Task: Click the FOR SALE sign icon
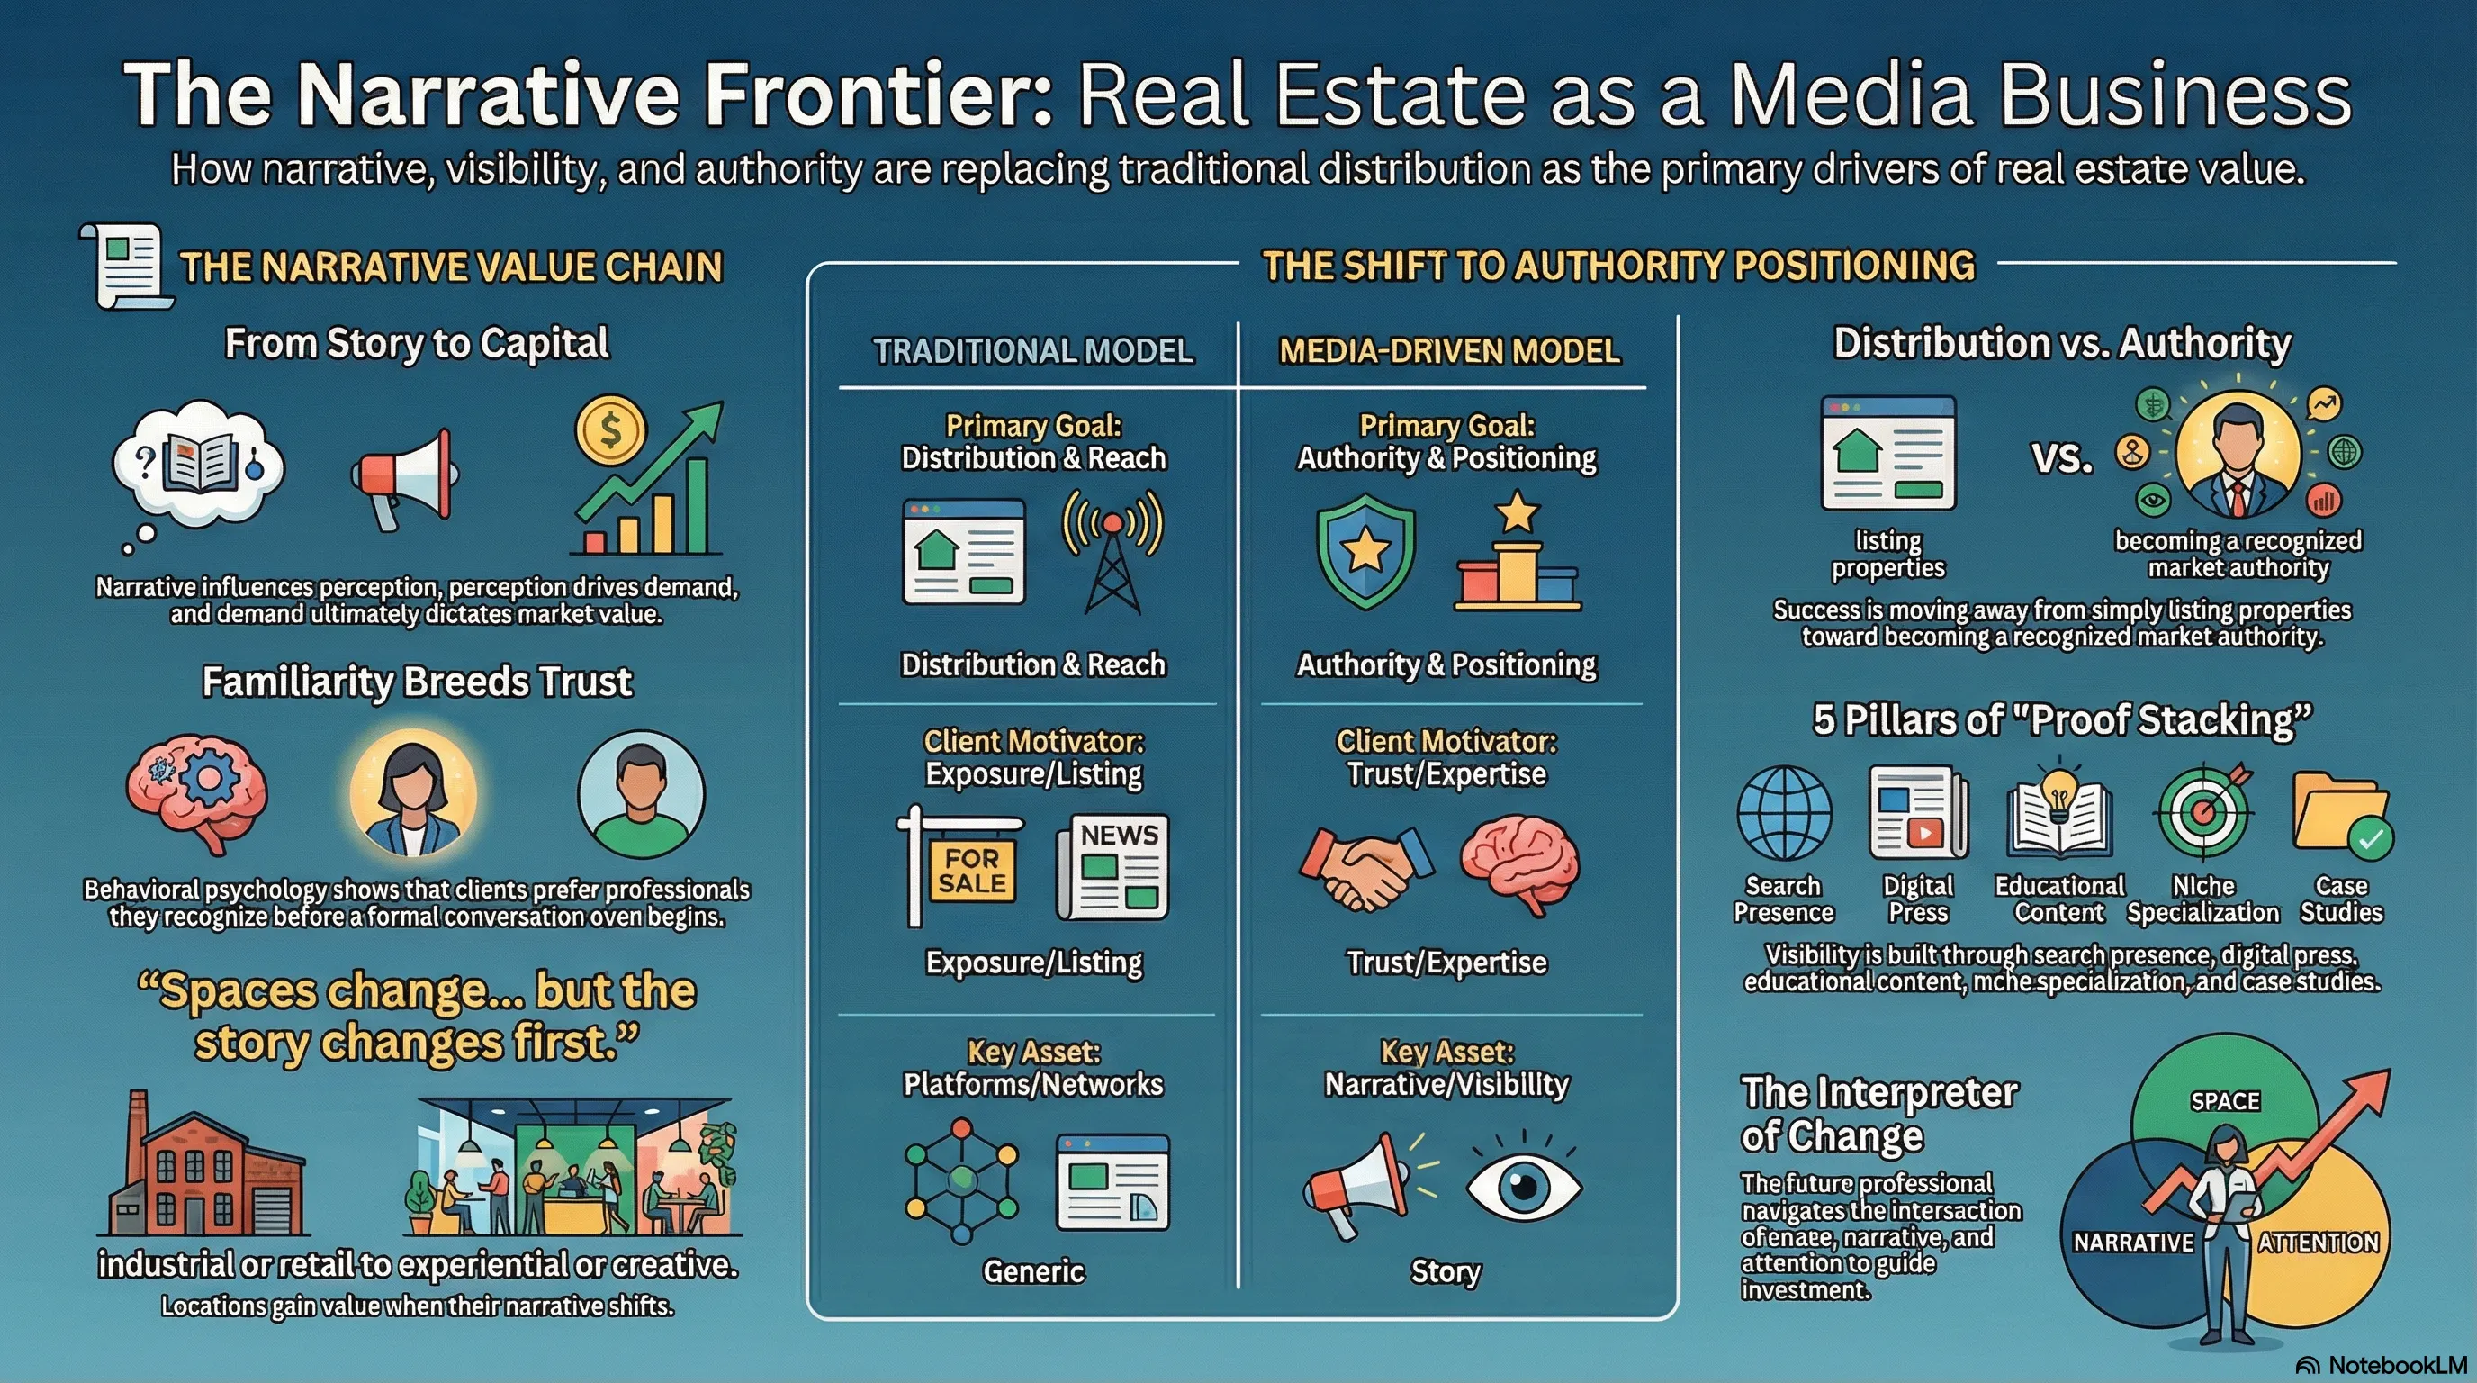[x=959, y=866]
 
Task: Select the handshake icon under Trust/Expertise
[x=1365, y=866]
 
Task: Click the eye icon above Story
[x=1523, y=1183]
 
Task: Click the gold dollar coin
[x=610, y=429]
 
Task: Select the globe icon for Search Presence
[x=1784, y=813]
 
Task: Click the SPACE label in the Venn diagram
[x=2225, y=1101]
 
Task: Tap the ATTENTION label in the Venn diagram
[x=2319, y=1243]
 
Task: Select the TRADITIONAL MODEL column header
[x=1033, y=351]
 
